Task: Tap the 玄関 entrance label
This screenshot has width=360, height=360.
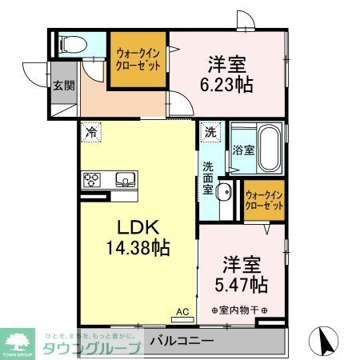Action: click(64, 86)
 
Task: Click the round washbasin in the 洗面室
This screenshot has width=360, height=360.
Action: click(223, 190)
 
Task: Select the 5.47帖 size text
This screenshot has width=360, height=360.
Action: click(240, 284)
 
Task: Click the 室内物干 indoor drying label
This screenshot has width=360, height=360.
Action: click(238, 310)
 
